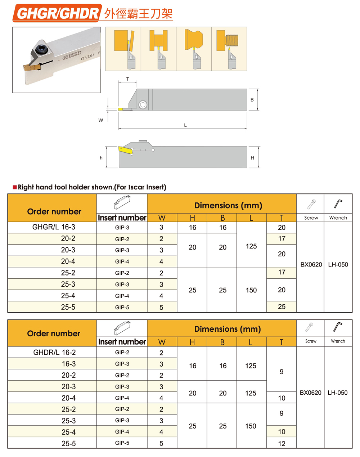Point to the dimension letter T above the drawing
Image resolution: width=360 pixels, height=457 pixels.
pyautogui.click(x=127, y=79)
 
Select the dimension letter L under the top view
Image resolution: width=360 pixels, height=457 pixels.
pyautogui.click(x=185, y=125)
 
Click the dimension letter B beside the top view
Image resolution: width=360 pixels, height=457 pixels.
pyautogui.click(x=252, y=100)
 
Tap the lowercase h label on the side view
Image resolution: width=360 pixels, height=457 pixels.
pyautogui.click(x=101, y=158)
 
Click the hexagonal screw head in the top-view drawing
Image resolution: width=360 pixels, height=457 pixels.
pyautogui.click(x=143, y=105)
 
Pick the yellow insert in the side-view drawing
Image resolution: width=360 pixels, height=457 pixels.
pyautogui.click(x=124, y=149)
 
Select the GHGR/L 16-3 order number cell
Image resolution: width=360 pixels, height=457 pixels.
pyautogui.click(x=54, y=227)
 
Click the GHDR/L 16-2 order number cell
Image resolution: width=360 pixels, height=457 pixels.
pyautogui.click(x=54, y=352)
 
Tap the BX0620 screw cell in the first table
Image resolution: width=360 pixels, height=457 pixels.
pyautogui.click(x=311, y=265)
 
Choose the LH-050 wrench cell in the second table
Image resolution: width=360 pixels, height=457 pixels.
pyautogui.click(x=337, y=393)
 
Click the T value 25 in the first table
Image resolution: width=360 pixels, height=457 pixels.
pyautogui.click(x=282, y=306)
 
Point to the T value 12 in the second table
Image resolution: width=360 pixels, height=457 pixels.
pyautogui.click(x=282, y=444)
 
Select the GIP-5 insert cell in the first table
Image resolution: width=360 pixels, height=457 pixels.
pyautogui.click(x=122, y=307)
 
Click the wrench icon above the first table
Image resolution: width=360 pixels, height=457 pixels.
pyautogui.click(x=338, y=203)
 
